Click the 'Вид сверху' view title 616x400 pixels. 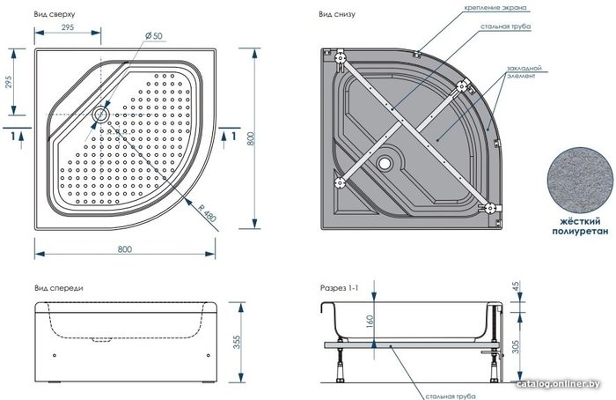(x=54, y=14)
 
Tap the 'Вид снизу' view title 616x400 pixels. (x=337, y=14)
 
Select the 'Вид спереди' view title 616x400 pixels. (x=59, y=288)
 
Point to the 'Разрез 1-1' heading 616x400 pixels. (x=339, y=288)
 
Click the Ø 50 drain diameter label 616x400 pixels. (x=154, y=36)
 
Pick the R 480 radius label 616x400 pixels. (x=207, y=212)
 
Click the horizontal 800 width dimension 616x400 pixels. (x=125, y=249)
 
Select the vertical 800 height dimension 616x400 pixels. (x=251, y=139)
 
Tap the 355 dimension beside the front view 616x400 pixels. (x=238, y=342)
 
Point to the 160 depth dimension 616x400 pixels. (x=370, y=321)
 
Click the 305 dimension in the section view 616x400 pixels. (x=516, y=346)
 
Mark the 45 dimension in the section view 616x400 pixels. (x=516, y=286)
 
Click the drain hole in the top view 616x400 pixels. (x=100, y=115)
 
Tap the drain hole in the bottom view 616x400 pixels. (x=385, y=162)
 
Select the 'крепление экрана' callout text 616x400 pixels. (x=495, y=7)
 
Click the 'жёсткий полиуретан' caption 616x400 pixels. (x=580, y=227)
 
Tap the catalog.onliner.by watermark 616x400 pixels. (x=558, y=384)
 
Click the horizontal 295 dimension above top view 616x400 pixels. (x=68, y=27)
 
